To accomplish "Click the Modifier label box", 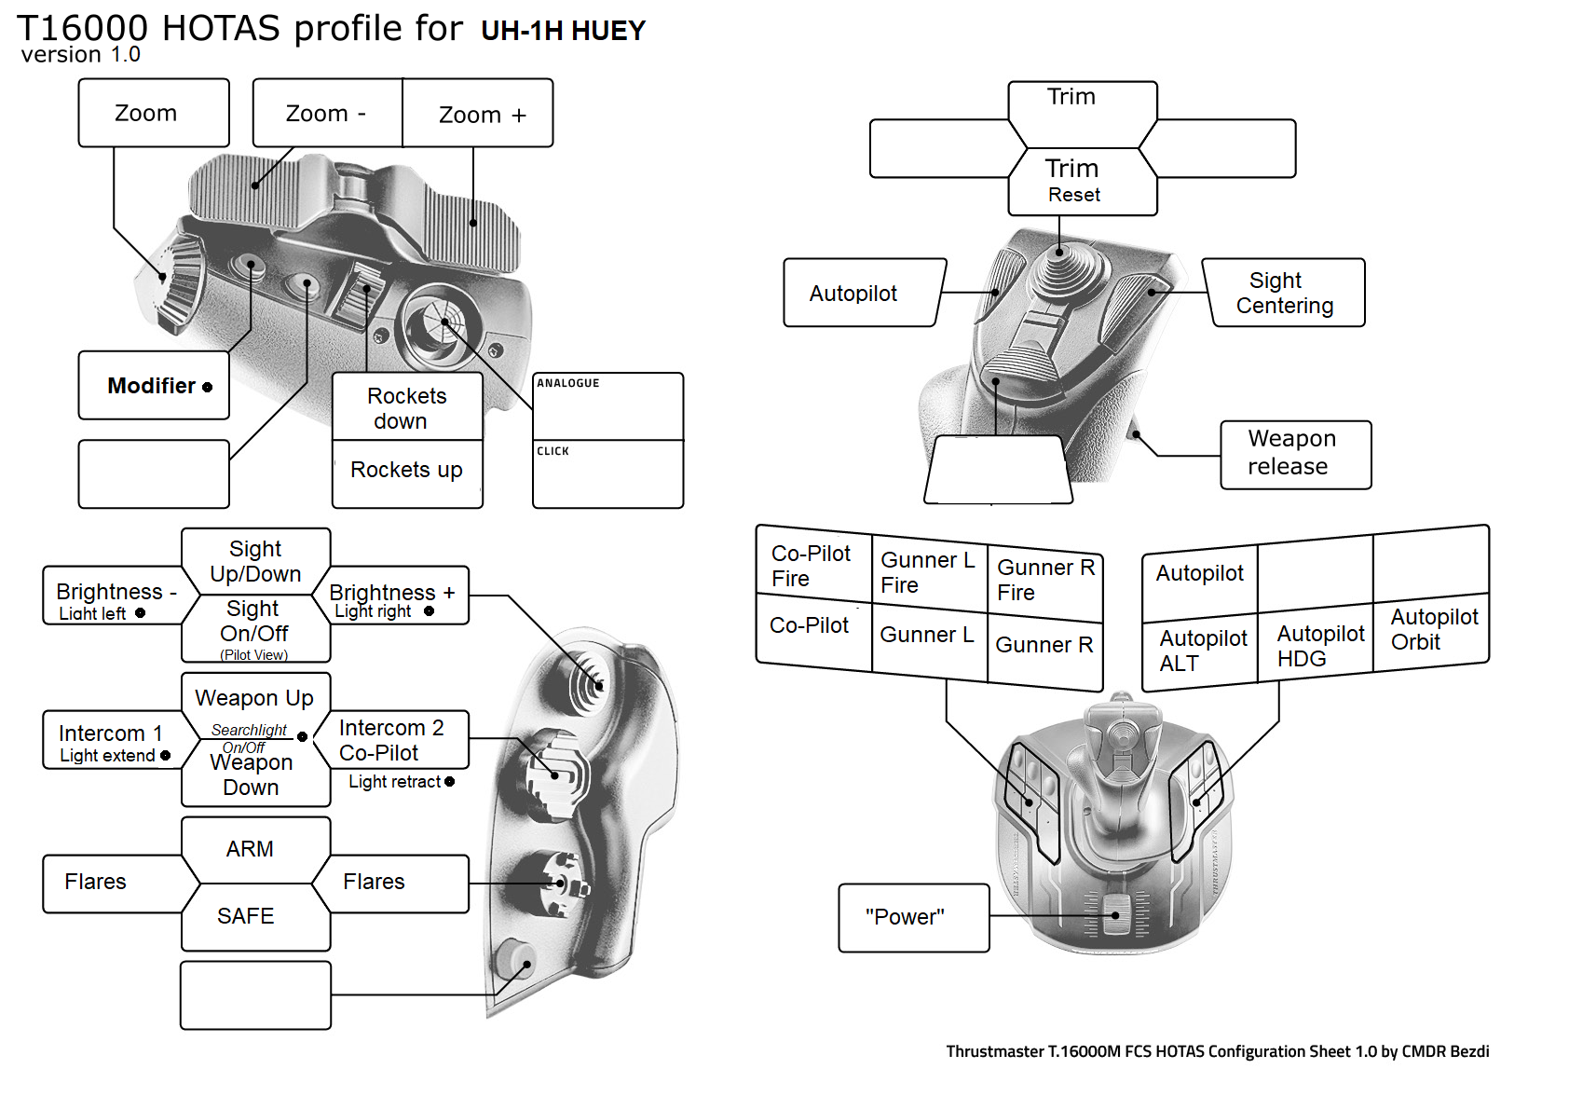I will [154, 385].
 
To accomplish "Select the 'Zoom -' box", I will [327, 114].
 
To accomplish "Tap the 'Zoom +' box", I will [481, 115].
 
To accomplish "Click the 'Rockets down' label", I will [407, 408].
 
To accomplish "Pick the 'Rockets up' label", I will [407, 470].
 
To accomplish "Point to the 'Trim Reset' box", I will [1073, 181].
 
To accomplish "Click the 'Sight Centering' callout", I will [1285, 293].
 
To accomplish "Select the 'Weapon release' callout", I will [1292, 453].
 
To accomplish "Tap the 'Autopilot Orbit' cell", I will [1432, 630].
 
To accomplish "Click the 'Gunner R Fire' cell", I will [1044, 580].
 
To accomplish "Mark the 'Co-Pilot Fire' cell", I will [812, 566].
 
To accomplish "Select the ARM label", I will [251, 849].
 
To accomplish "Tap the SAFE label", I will [247, 916].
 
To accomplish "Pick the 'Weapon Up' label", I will [254, 698].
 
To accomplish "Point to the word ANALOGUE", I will [568, 383].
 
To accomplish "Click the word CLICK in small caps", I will [553, 451].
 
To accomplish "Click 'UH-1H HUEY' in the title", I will [563, 31].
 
